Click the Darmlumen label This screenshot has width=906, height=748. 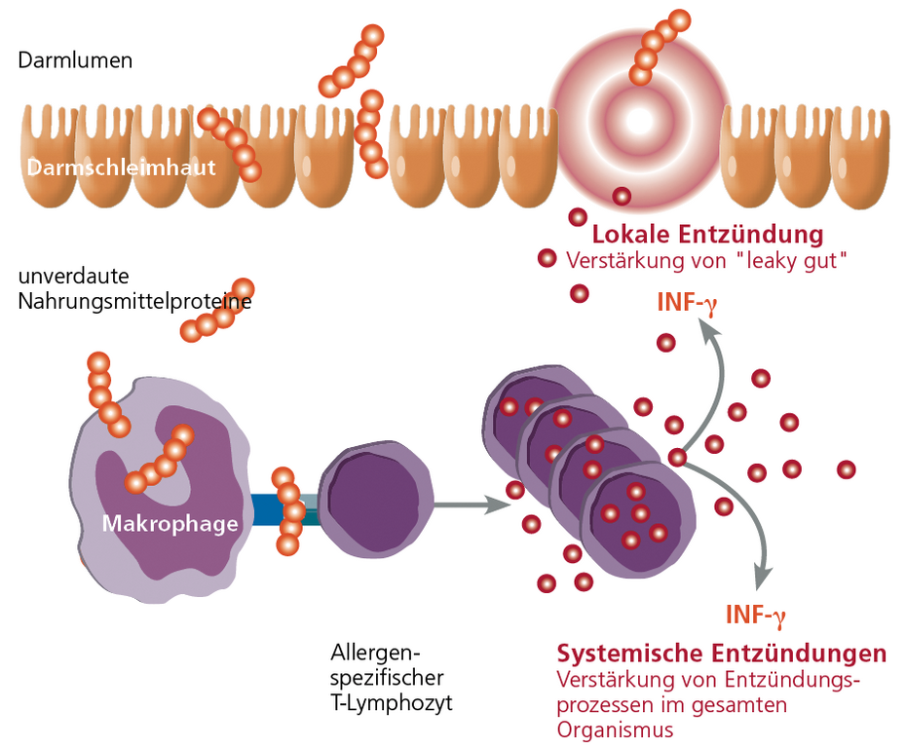pos(75,60)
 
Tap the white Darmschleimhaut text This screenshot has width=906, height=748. pos(122,168)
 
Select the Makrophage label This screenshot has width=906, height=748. pos(170,524)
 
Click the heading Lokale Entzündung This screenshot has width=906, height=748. pos(707,235)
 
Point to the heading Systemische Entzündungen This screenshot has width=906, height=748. pos(721,653)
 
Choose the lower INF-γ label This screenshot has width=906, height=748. pos(755,614)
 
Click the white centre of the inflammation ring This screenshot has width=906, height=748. pos(639,120)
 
